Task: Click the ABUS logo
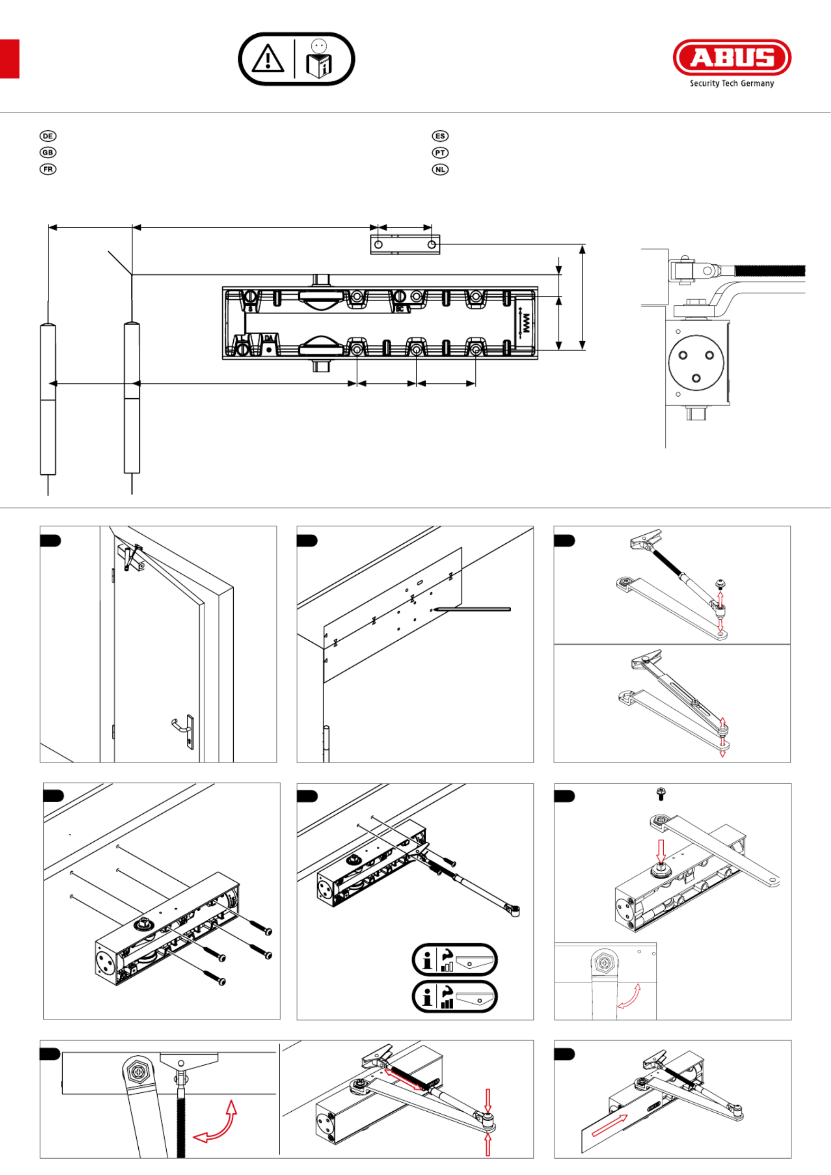click(x=732, y=57)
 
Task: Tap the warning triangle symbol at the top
click(x=268, y=59)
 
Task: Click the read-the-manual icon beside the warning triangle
click(x=319, y=59)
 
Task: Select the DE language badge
click(x=48, y=136)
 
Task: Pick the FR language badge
click(x=48, y=169)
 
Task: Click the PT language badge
click(x=440, y=153)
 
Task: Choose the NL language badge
click(x=440, y=169)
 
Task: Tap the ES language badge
click(x=440, y=136)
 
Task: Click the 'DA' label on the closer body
click(x=269, y=338)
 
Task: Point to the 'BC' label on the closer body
click(x=399, y=309)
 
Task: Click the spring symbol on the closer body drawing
click(x=526, y=323)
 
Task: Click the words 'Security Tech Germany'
click(x=732, y=83)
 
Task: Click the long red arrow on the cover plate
click(x=609, y=1125)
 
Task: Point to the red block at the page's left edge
click(x=9, y=59)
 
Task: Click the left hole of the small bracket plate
click(x=378, y=245)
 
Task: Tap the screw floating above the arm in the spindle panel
click(x=660, y=794)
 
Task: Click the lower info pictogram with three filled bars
click(x=454, y=997)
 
